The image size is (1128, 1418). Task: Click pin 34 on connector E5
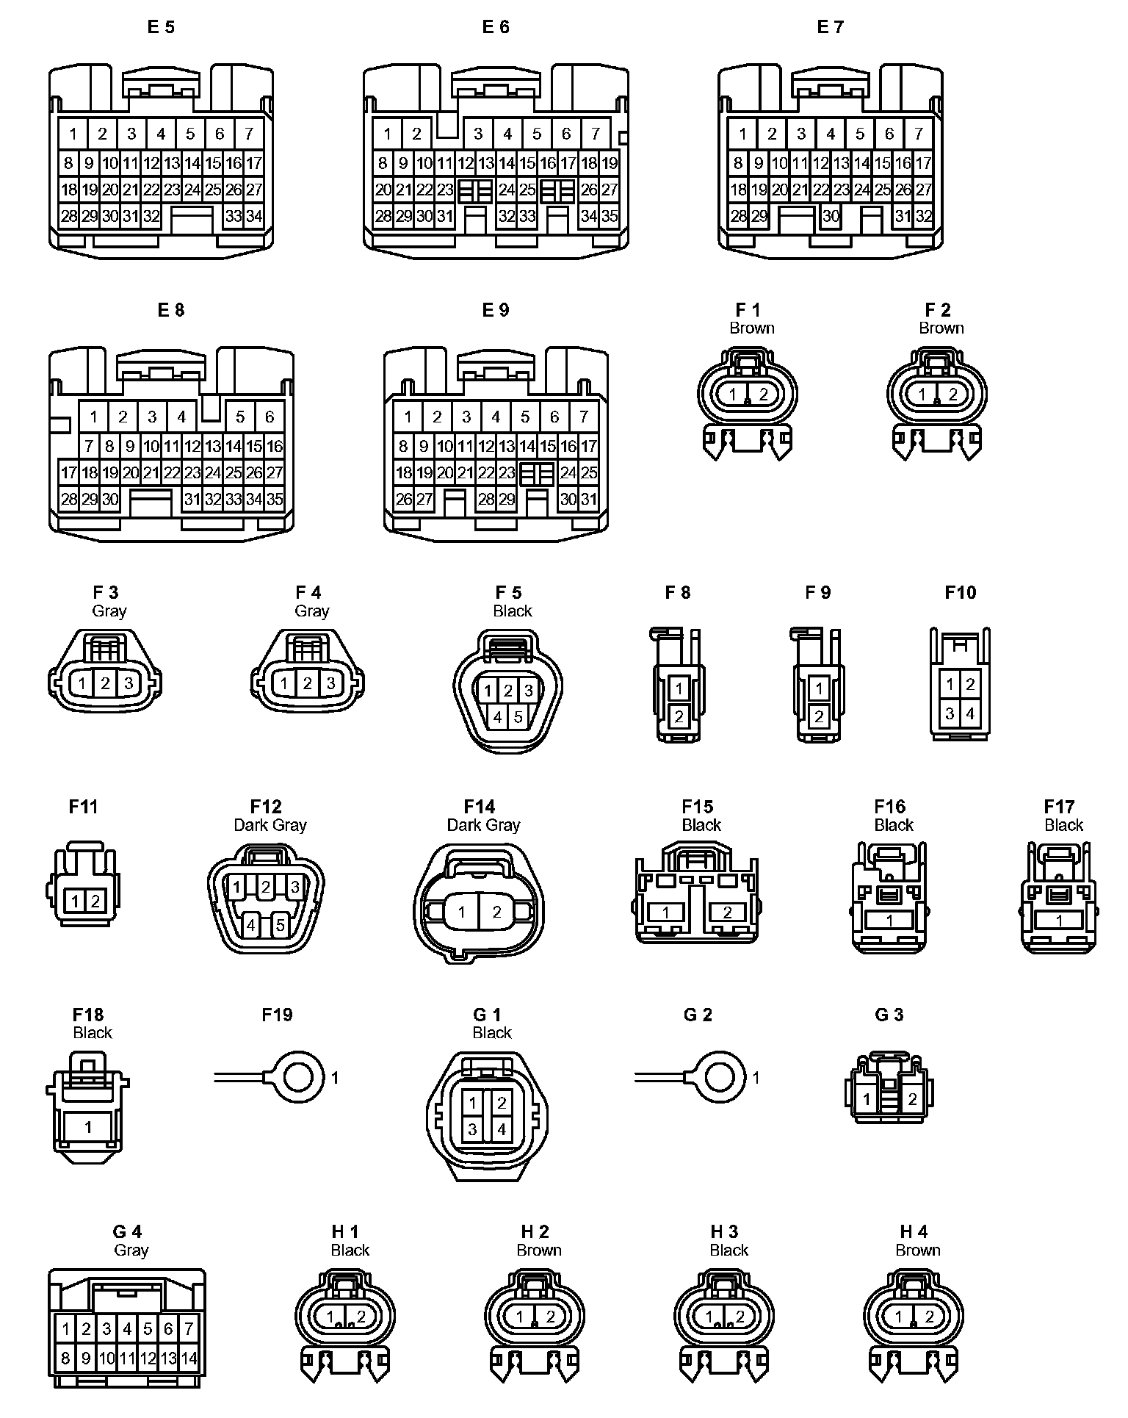tap(254, 217)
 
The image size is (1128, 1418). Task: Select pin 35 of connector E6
tap(610, 217)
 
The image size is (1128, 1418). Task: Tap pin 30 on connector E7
tap(831, 217)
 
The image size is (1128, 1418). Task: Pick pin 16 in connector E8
tap(275, 446)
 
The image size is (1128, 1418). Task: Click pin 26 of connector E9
tap(404, 500)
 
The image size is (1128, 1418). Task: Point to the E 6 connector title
tap(496, 27)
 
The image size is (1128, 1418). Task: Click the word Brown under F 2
tap(941, 328)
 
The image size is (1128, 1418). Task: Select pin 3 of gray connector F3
tap(129, 683)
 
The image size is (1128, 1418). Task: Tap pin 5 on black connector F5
tap(518, 717)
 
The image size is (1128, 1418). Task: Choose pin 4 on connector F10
tap(970, 713)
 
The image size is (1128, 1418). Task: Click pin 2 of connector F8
tap(679, 716)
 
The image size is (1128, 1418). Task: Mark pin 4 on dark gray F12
tap(251, 925)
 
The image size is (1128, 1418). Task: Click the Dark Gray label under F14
tap(483, 825)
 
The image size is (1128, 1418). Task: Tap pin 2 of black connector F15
tap(727, 913)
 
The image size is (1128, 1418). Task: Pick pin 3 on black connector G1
tap(472, 1129)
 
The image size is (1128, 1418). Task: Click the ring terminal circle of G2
tap(719, 1078)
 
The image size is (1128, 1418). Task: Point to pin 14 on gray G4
tap(189, 1358)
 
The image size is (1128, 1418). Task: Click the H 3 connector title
tap(724, 1232)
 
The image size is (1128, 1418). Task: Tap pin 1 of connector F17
tap(1059, 921)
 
